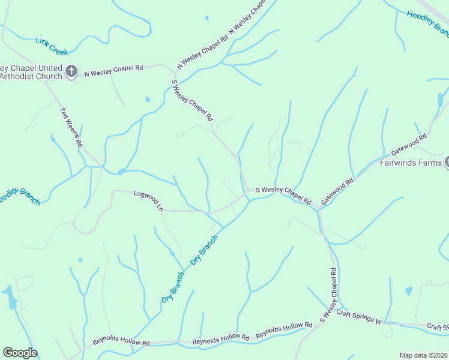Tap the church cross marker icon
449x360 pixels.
click(71, 71)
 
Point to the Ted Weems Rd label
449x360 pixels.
click(71, 127)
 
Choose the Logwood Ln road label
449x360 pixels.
click(148, 200)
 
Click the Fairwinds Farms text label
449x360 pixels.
click(411, 163)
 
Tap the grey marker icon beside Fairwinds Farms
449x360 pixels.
click(447, 162)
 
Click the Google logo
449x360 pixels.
click(20, 353)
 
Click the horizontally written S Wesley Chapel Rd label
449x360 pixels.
click(283, 195)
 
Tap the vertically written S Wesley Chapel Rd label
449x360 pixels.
click(331, 296)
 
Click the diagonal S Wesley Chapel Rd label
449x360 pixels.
click(193, 101)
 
